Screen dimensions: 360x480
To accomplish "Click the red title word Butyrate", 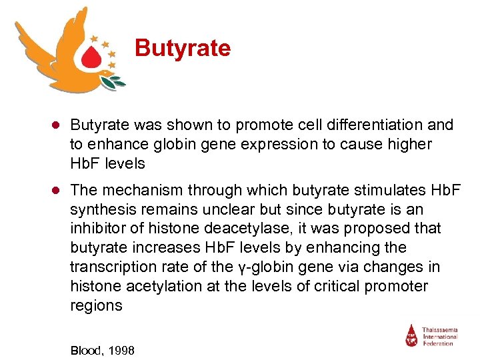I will tap(182, 48).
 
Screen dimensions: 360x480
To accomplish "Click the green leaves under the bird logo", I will tap(113, 82).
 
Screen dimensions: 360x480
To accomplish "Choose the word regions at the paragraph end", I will tap(96, 306).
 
